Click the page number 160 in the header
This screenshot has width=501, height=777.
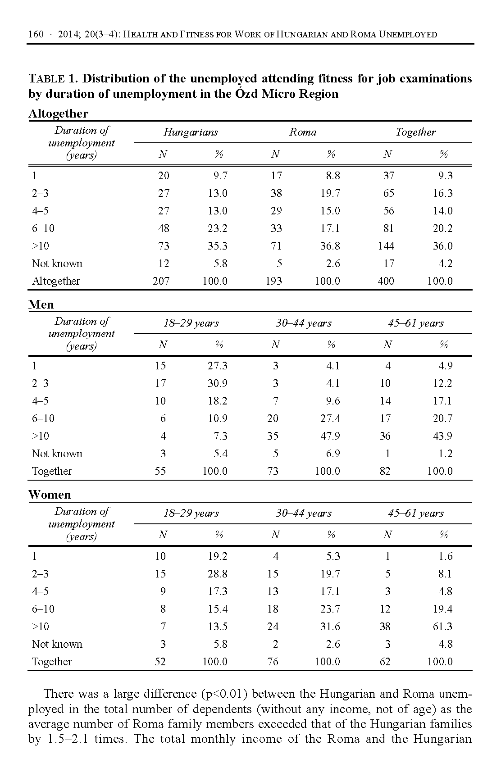[36, 34]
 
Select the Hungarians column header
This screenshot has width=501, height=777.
[191, 132]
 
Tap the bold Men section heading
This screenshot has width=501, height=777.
[41, 305]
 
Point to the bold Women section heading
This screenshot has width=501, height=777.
[50, 495]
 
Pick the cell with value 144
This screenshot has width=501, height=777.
[386, 246]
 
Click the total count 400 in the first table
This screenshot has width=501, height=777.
[386, 281]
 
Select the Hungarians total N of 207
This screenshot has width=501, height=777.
[161, 281]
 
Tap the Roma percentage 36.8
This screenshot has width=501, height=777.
[330, 246]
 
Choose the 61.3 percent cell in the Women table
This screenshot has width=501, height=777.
[442, 627]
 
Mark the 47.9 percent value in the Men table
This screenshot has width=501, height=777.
[330, 436]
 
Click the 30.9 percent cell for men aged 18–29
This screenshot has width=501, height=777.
[218, 383]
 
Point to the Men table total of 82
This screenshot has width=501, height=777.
[385, 471]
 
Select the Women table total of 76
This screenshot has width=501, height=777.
[273, 662]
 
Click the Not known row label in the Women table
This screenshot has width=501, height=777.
[57, 644]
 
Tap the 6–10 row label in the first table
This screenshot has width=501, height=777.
[43, 228]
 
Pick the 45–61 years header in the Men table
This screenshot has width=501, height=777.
[416, 323]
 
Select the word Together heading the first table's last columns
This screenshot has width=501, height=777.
[416, 132]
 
